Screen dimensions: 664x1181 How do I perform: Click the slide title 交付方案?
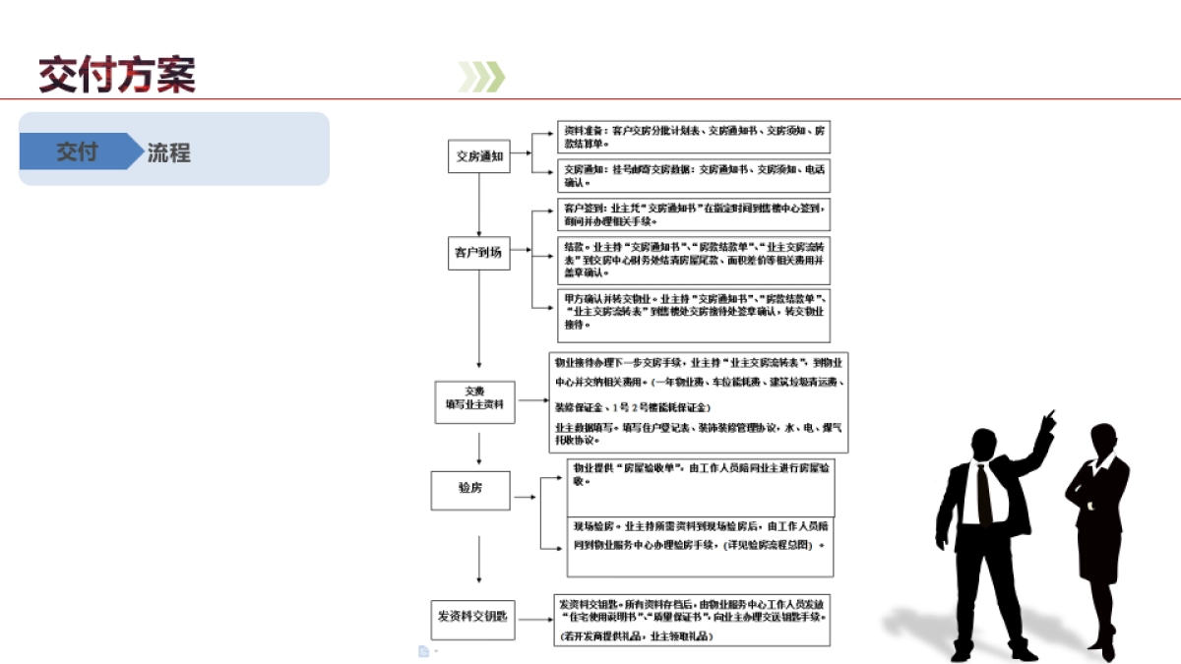coord(117,75)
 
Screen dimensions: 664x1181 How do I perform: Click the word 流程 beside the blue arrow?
coord(168,152)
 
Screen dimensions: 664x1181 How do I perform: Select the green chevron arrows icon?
coord(481,77)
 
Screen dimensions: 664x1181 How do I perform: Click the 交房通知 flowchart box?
coord(479,155)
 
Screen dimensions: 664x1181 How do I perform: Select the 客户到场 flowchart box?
coord(478,252)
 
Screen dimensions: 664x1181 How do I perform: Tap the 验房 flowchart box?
coord(470,489)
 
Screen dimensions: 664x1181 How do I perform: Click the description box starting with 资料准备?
coord(694,137)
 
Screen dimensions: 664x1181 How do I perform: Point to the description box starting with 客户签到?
coord(694,214)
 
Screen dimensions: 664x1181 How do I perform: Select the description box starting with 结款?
coord(694,260)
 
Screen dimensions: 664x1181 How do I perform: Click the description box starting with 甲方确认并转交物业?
coord(694,314)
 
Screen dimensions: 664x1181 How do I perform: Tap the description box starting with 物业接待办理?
coord(698,401)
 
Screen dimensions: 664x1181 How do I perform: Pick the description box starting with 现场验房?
coord(700,546)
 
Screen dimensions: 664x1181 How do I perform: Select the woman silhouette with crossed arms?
coord(1099,536)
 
